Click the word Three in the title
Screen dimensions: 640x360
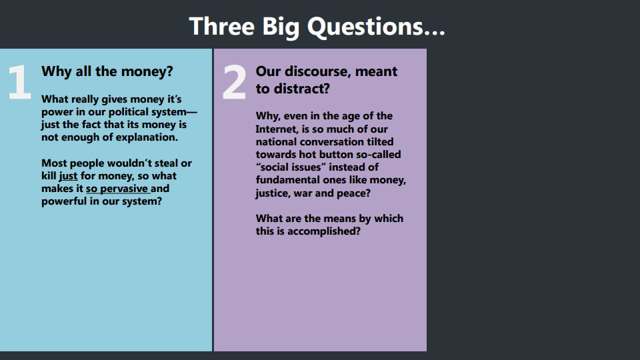(x=222, y=27)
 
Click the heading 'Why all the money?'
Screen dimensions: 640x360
(x=107, y=72)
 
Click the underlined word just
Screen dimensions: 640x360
(x=68, y=176)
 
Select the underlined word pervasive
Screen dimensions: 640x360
(x=124, y=189)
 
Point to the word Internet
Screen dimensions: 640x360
(x=277, y=129)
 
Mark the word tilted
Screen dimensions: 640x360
(x=380, y=141)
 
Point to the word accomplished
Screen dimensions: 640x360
(x=324, y=231)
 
